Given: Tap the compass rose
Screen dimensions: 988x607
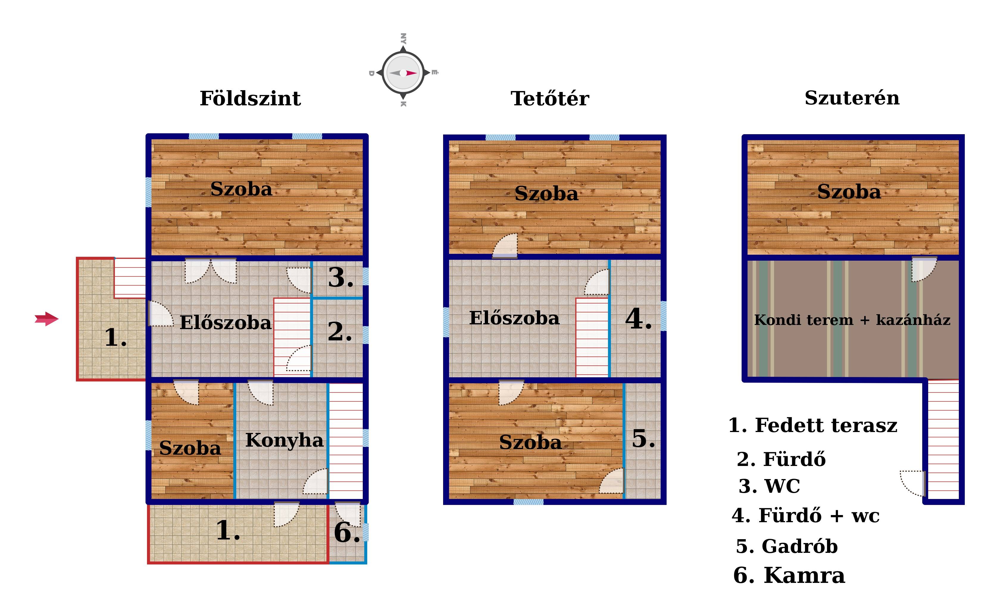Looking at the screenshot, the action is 403,73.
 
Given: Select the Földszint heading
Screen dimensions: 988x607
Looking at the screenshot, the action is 250,98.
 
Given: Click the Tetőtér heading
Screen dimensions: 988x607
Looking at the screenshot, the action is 550,98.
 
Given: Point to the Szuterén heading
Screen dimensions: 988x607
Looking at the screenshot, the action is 852,98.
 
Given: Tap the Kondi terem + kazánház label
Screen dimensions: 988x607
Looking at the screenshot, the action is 852,320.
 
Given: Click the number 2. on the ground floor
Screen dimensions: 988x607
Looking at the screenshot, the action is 340,332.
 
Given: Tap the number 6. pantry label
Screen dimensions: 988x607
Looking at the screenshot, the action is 347,532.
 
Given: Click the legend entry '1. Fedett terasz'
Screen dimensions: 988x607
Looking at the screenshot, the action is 812,425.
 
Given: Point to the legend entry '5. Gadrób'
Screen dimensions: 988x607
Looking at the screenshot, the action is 787,546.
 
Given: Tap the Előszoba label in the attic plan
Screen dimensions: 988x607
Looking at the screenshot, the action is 514,318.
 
